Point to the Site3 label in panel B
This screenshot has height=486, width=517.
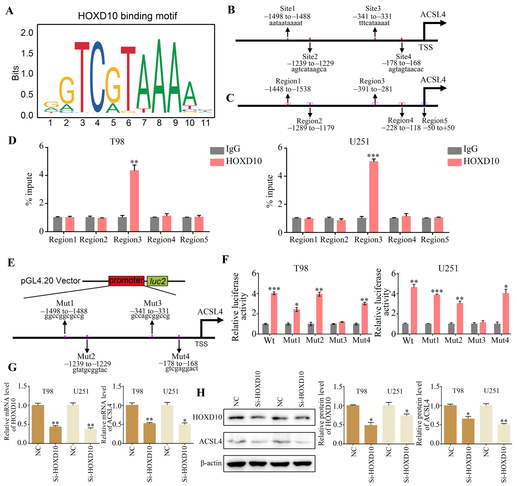(373, 9)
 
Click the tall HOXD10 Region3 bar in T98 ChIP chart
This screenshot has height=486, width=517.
(134, 201)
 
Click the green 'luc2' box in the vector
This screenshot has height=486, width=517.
(157, 281)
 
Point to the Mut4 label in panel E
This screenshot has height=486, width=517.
(181, 356)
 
